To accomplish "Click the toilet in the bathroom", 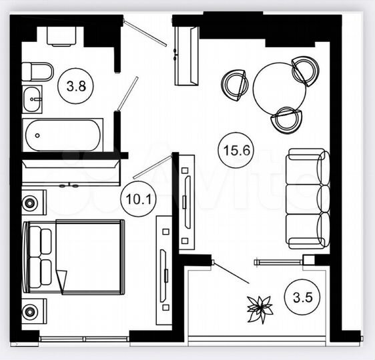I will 37,71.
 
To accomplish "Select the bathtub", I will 63,135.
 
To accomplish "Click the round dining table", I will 279,88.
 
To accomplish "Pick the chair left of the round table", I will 235,84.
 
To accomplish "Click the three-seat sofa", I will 307,199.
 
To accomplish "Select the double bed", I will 74,257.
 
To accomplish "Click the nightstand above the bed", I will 33,202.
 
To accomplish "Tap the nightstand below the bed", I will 33,311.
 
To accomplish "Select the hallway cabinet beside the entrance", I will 186,55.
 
